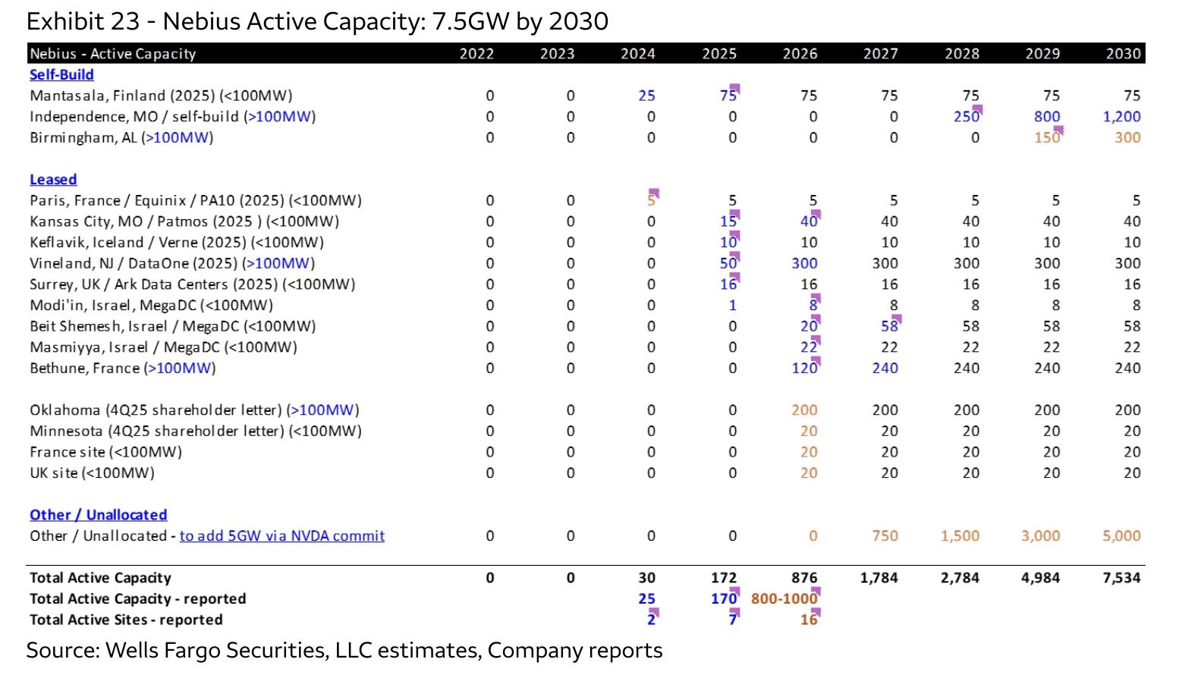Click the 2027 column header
[x=881, y=54]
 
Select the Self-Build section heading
[x=61, y=75]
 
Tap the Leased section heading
[x=53, y=180]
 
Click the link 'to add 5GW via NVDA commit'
[x=282, y=535]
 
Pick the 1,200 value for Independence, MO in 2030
[x=1121, y=116]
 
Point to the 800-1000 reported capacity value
[x=784, y=598]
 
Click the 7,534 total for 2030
[x=1121, y=578]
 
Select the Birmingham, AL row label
[x=121, y=138]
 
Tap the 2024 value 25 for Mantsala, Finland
[x=646, y=96]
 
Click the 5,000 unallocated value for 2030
[x=1121, y=535]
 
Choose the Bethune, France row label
[x=123, y=369]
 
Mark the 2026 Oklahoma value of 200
[x=804, y=410]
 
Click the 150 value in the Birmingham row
[x=1047, y=138]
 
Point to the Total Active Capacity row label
[x=101, y=578]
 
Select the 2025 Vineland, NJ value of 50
[x=728, y=263]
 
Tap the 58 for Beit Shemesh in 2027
[x=889, y=326]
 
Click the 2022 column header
[x=477, y=54]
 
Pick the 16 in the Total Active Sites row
[x=809, y=620]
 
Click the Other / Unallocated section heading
[x=99, y=514]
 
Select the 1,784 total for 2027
[x=879, y=578]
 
